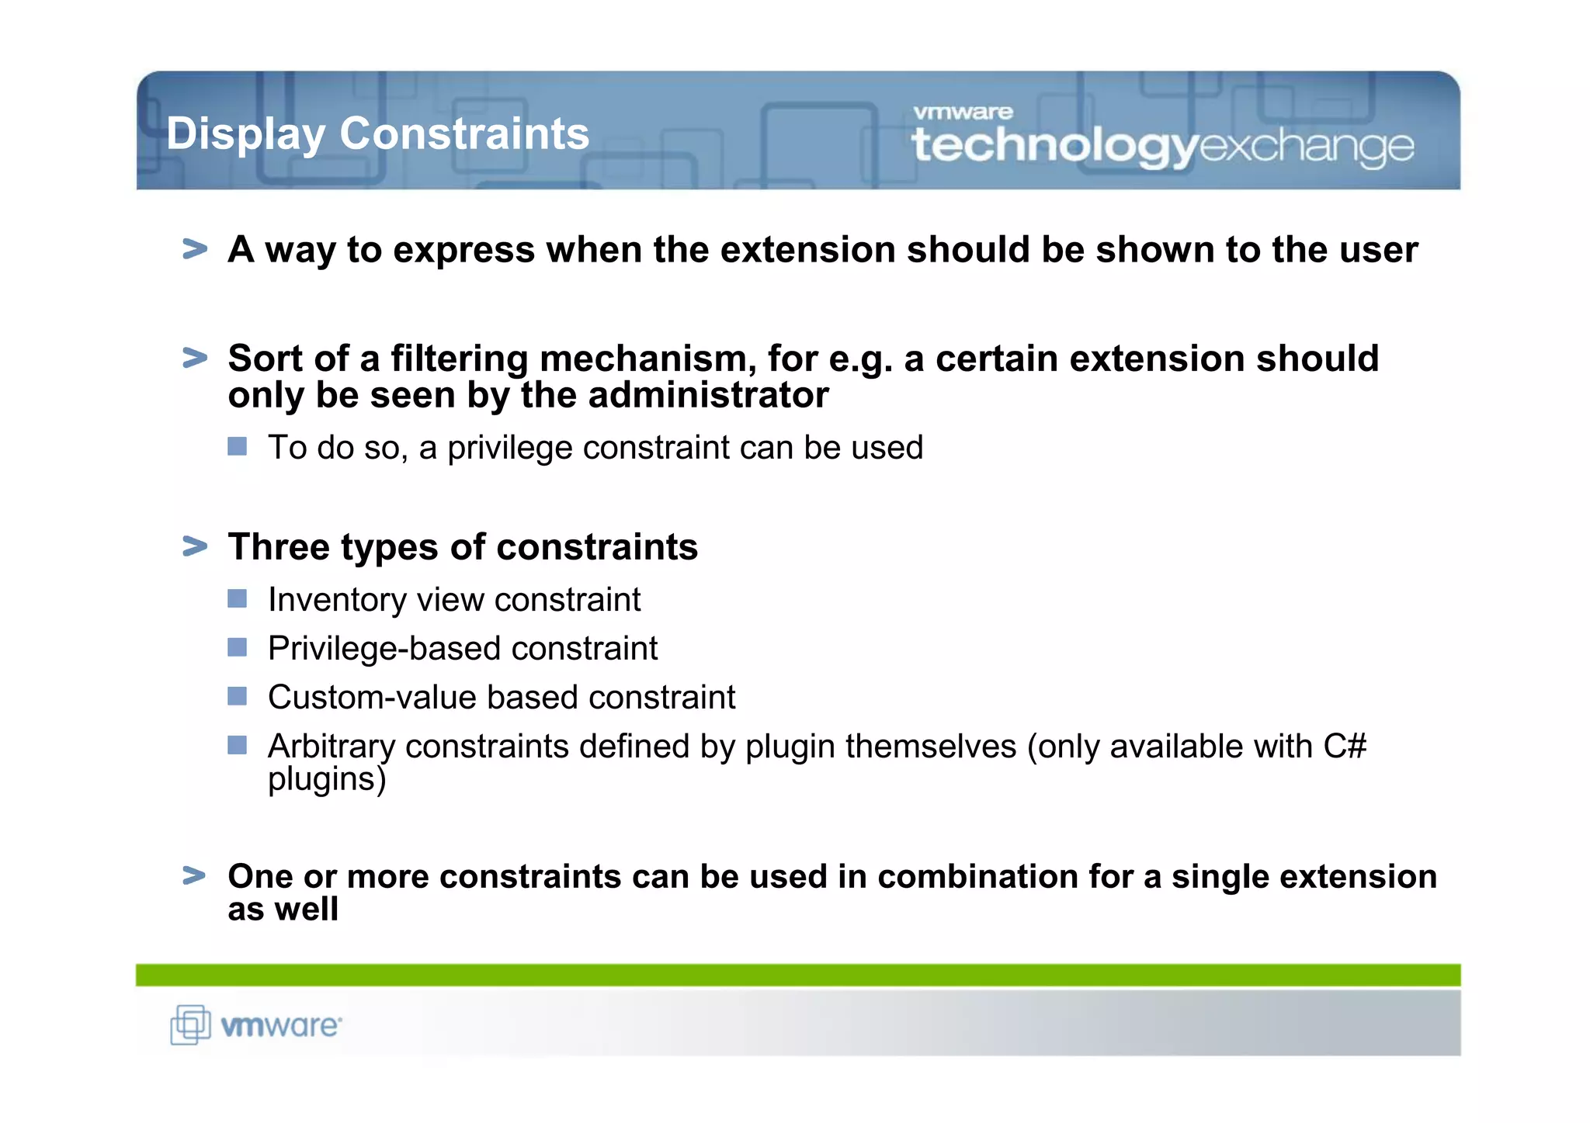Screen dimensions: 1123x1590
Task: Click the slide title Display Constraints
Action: point(378,133)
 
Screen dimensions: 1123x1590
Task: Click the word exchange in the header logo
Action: point(1307,147)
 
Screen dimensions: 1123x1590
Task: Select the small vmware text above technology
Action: point(963,113)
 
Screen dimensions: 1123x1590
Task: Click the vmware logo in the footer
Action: point(280,1026)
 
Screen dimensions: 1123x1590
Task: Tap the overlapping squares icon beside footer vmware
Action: point(190,1024)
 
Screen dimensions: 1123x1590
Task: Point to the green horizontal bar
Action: point(797,975)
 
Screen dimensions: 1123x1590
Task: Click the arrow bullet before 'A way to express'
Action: point(195,249)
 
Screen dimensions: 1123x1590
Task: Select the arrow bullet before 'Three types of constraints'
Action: point(195,546)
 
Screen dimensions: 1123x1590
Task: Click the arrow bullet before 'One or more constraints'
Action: point(195,875)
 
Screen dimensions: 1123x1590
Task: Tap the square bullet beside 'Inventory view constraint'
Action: point(237,598)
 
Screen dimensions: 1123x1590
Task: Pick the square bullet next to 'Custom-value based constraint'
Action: point(237,696)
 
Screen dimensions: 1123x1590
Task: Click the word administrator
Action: point(709,395)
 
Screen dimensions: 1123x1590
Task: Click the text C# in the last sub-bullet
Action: point(1345,746)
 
